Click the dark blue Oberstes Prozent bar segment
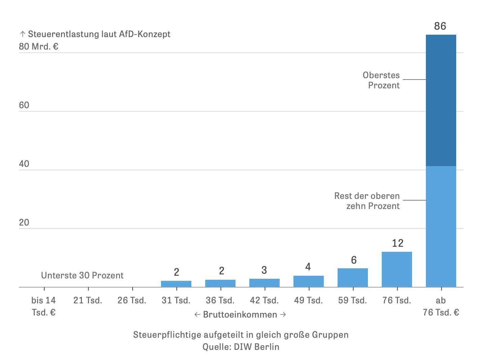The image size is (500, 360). (x=441, y=100)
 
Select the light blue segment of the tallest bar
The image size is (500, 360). (x=441, y=227)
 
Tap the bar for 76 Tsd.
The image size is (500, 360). (x=397, y=269)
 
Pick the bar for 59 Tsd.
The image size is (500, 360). (x=352, y=278)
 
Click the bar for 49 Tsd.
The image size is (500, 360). (x=308, y=281)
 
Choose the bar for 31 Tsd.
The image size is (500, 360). (x=176, y=284)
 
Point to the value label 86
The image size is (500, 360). (x=440, y=26)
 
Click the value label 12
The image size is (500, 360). (x=398, y=243)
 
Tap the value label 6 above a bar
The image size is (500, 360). (x=353, y=260)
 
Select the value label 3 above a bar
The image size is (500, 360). (x=264, y=270)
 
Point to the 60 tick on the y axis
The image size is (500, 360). (x=24, y=106)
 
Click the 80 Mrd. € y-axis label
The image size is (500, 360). (x=38, y=47)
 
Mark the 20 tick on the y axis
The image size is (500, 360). (x=24, y=223)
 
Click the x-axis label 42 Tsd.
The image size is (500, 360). (x=264, y=300)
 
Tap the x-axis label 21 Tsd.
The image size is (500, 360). (x=88, y=300)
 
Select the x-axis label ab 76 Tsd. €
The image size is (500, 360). (x=441, y=306)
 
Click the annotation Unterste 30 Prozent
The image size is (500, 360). (x=82, y=276)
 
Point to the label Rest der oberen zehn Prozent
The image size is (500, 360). (x=367, y=201)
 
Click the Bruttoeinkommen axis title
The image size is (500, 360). (x=240, y=315)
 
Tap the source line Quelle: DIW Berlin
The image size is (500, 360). (x=241, y=347)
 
